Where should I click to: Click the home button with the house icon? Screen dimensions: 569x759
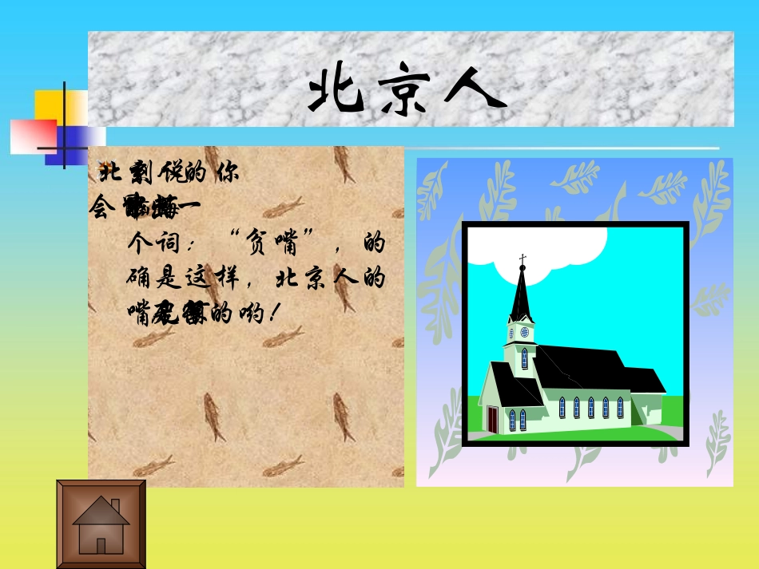(101, 524)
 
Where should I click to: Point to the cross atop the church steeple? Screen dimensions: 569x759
(523, 259)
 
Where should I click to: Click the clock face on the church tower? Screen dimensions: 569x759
(524, 332)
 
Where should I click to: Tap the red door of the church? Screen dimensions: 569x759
(493, 419)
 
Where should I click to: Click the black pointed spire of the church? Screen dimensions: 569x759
(522, 295)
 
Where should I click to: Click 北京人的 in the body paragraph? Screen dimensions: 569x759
(330, 279)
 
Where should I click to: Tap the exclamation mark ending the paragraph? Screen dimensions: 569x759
(274, 314)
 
